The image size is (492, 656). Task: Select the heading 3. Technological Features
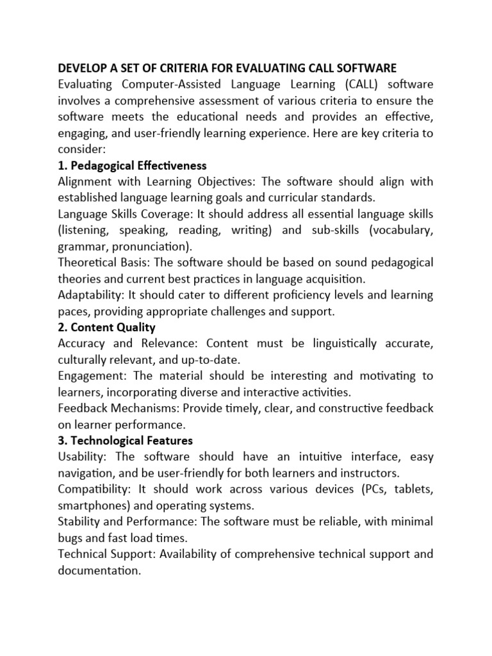click(125, 441)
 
